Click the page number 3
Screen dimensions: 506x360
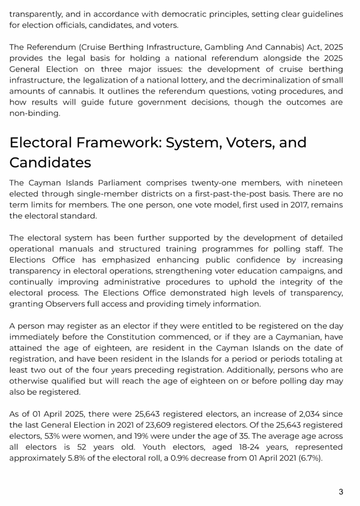click(x=341, y=492)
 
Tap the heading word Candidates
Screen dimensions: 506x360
click(x=50, y=163)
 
